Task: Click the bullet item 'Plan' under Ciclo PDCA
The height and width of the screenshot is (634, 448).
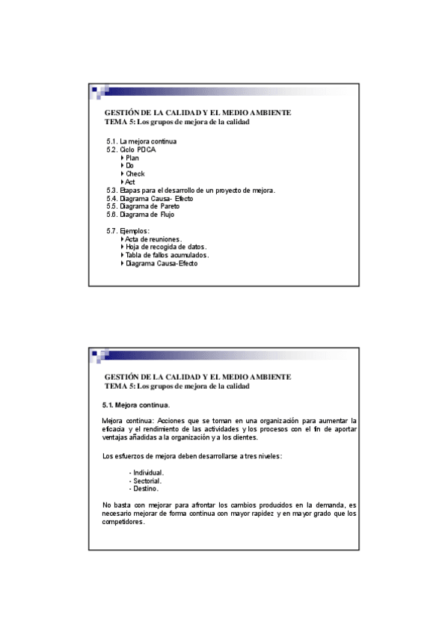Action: [132, 158]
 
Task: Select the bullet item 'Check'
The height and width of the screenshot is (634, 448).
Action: [135, 173]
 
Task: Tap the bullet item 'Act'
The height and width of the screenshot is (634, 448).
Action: [130, 182]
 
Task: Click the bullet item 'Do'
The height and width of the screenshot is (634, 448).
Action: [130, 165]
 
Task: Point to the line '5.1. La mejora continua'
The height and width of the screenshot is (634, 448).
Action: [141, 141]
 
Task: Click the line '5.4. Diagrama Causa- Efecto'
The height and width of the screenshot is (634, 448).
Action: [150, 198]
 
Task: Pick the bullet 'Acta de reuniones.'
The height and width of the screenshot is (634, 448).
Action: [153, 239]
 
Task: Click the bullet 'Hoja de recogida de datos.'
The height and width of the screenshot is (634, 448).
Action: [166, 247]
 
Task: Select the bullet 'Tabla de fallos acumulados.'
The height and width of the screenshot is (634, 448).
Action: [167, 255]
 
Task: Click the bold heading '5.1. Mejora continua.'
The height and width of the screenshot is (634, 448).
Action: [136, 404]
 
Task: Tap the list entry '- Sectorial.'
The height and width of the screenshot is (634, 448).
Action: [146, 481]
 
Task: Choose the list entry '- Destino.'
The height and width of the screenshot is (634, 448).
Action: [144, 488]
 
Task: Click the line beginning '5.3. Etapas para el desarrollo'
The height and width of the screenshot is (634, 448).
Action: [191, 190]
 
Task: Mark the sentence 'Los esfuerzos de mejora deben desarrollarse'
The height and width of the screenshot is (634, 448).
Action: [192, 456]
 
